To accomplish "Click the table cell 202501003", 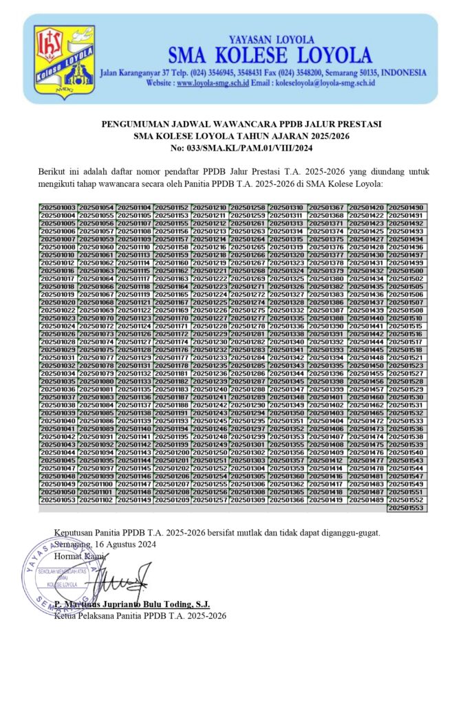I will [x=58, y=208].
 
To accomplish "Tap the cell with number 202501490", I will [x=407, y=208].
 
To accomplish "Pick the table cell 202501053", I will [x=58, y=500].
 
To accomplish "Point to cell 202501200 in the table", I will [x=172, y=452].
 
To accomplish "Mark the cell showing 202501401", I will [x=327, y=397].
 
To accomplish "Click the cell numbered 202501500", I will [x=407, y=271].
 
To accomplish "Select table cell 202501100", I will [x=96, y=484].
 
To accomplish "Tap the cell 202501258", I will [x=247, y=208].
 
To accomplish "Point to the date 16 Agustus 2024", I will [x=120, y=543].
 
